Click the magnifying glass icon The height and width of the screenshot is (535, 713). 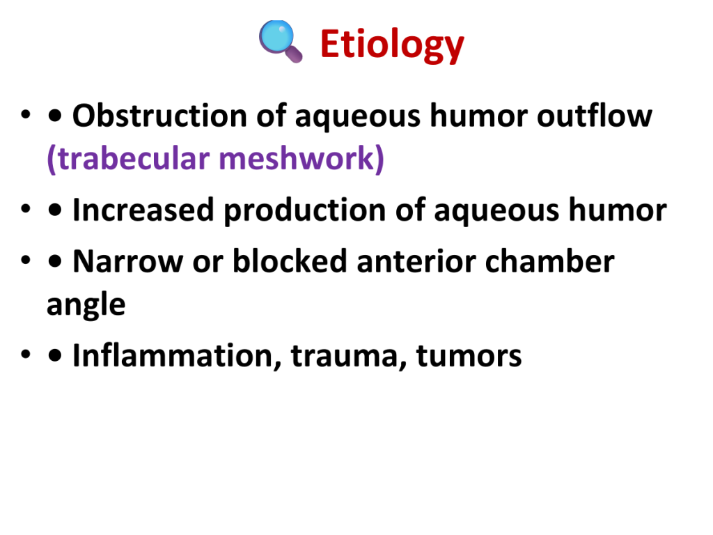[x=281, y=41]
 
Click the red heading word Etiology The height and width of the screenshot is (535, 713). [x=392, y=45]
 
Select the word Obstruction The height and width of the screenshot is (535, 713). [x=160, y=116]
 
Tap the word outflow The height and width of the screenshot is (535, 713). [x=595, y=116]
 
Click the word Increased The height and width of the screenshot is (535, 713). [x=143, y=210]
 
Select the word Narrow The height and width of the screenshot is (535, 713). [x=128, y=262]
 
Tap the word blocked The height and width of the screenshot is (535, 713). [x=290, y=261]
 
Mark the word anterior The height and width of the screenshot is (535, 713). [x=416, y=262]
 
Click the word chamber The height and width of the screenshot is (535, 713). [x=550, y=261]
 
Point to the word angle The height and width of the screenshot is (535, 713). [x=86, y=305]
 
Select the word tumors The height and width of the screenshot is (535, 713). [x=469, y=356]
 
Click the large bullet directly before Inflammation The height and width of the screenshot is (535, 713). [x=54, y=356]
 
